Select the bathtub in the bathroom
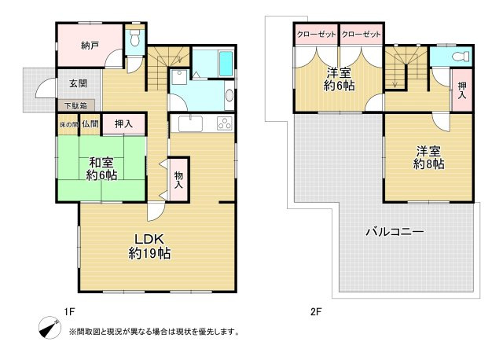pyautogui.click(x=213, y=63)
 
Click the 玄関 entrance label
pyautogui.click(x=77, y=83)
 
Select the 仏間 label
pyautogui.click(x=89, y=124)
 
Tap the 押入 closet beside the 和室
pyautogui.click(x=123, y=123)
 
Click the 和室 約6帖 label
pyautogui.click(x=102, y=169)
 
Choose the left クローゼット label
pyautogui.click(x=316, y=35)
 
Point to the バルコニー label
pyautogui.click(x=395, y=233)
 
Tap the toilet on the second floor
pyautogui.click(x=461, y=57)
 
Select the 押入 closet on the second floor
pyautogui.click(x=461, y=89)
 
